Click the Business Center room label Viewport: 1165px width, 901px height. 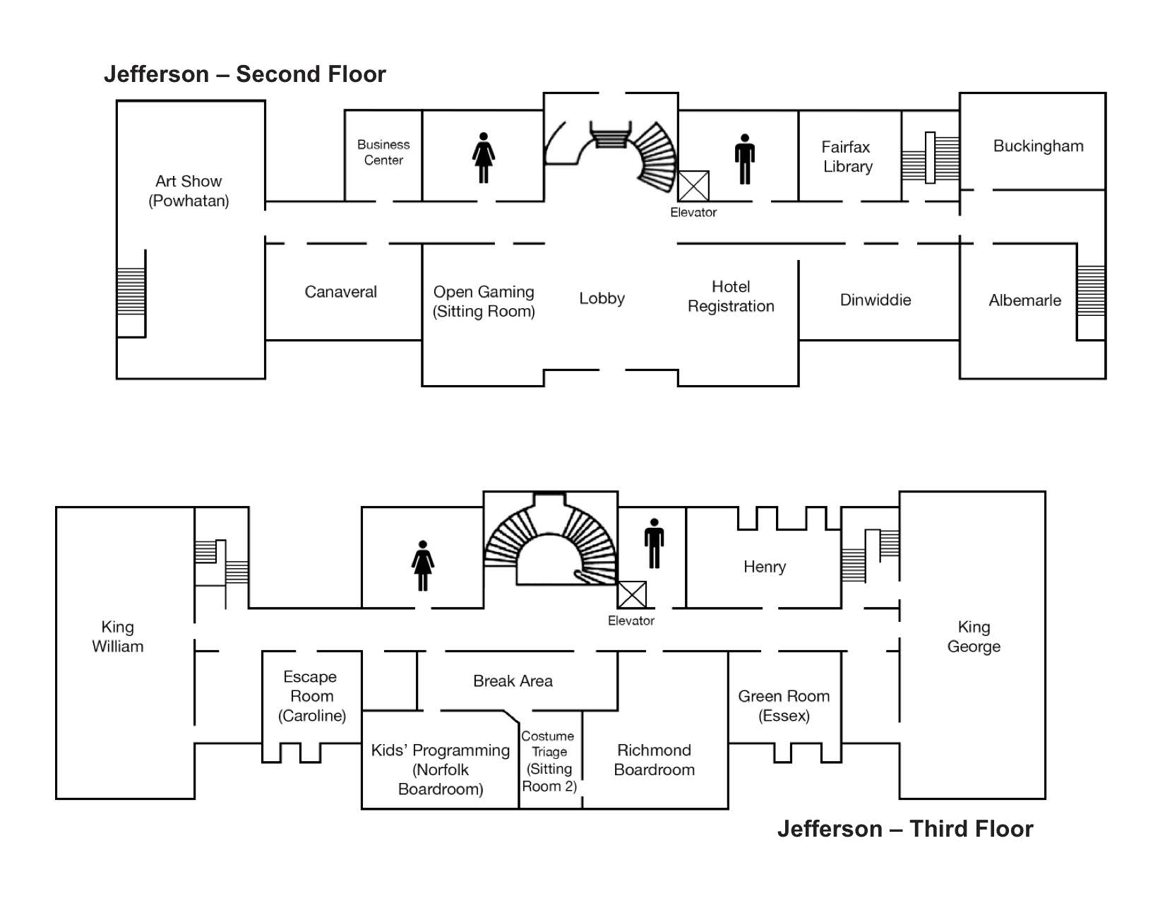pos(383,153)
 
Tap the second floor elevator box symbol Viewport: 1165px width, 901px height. pos(693,187)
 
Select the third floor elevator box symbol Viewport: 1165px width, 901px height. pos(631,594)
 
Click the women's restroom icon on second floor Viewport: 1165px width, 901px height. pos(483,158)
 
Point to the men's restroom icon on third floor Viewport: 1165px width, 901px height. pos(654,543)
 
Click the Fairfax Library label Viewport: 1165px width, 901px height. pos(847,157)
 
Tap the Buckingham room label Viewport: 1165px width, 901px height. pos(1038,146)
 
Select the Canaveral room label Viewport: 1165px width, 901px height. pos(340,291)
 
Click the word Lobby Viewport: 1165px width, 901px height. pos(602,298)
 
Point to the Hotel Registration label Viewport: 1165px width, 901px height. pos(731,296)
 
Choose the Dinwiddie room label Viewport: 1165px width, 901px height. pos(875,300)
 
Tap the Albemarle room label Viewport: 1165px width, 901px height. pos(1024,300)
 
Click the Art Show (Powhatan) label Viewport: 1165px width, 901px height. pos(189,191)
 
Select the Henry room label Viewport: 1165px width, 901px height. pos(765,567)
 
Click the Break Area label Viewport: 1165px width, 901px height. pos(513,681)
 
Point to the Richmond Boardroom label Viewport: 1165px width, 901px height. pos(654,760)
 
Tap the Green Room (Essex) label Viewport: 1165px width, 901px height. pos(783,706)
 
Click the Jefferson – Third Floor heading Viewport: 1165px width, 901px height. pos(905,829)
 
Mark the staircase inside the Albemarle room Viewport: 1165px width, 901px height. pos(1091,290)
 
